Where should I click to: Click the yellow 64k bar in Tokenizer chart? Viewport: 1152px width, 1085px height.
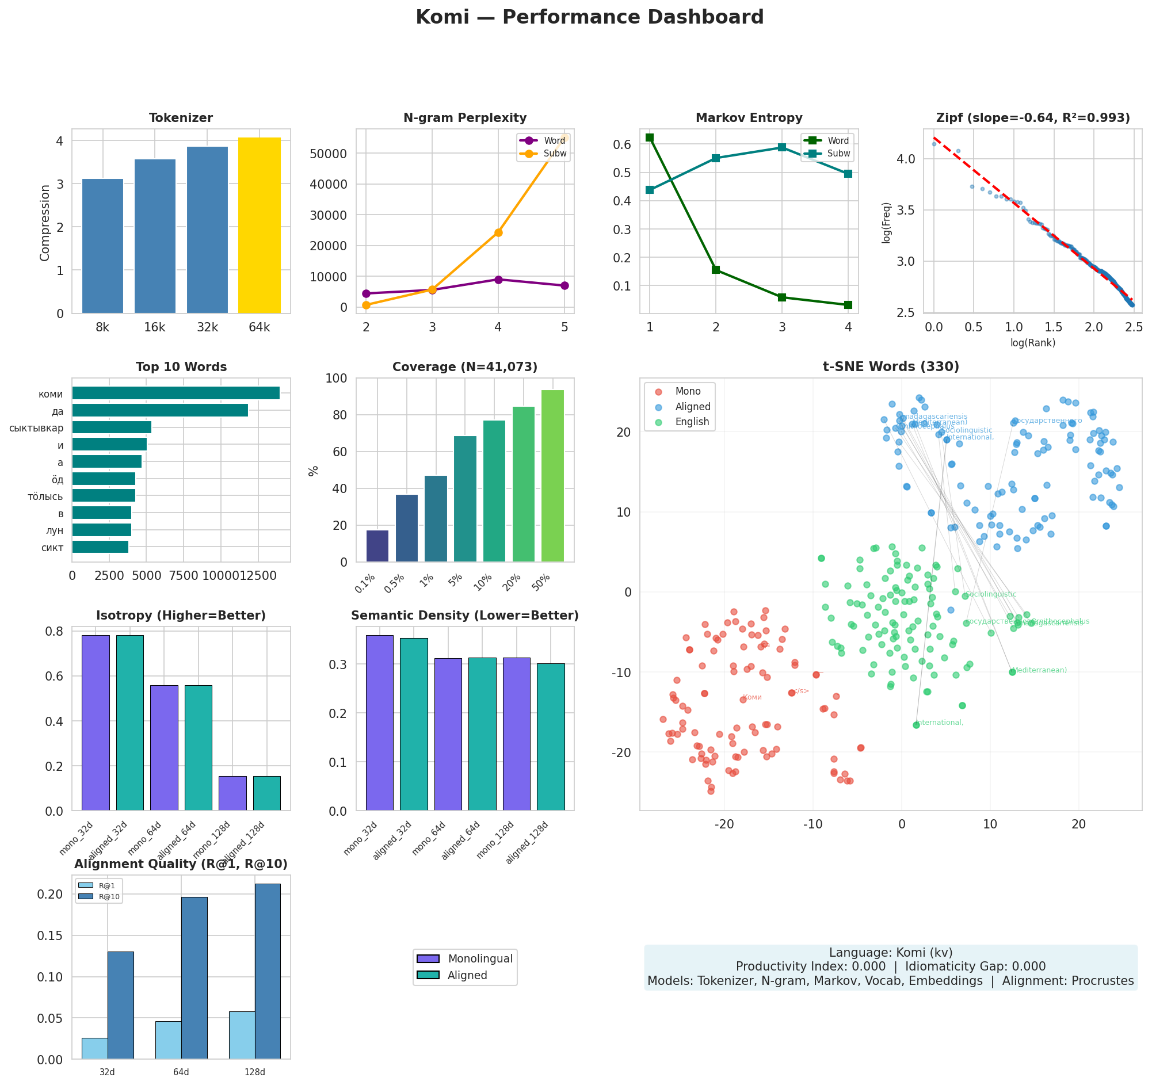pos(259,226)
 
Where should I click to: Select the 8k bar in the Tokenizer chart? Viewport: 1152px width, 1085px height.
pos(102,246)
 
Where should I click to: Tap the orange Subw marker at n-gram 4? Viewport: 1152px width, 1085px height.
pos(498,233)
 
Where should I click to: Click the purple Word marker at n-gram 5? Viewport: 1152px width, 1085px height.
pos(564,285)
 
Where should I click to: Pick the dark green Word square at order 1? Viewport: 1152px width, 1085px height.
pos(650,138)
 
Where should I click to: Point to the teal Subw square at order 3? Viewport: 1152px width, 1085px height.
pos(781,147)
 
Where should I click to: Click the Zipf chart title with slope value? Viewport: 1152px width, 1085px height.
pos(1033,118)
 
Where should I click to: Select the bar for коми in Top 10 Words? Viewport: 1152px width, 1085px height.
pos(176,393)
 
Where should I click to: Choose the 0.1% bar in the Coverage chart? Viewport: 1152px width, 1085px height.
pos(377,547)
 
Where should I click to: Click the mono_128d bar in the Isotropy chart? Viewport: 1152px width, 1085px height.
pos(232,793)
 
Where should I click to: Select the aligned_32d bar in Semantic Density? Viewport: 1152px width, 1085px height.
pos(414,724)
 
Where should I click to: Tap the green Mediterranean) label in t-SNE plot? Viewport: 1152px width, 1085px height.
pos(1040,671)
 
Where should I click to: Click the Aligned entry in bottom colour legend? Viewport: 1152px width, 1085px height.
pos(467,976)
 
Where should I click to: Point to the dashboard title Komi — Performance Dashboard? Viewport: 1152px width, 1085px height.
pos(589,17)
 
